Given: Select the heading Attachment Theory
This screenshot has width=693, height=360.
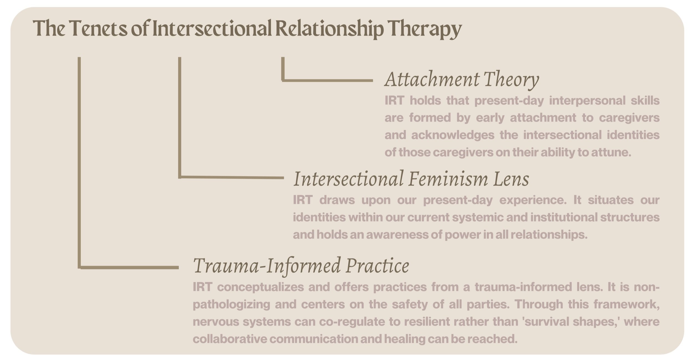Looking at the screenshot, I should point(462,80).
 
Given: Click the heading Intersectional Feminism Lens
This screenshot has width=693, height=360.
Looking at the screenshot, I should point(411,179).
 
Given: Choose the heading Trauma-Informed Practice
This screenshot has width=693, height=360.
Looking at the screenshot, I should point(301,266).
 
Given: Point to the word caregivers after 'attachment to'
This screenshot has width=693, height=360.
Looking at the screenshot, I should point(629,118).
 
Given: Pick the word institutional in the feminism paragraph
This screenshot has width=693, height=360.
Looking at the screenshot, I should point(564,217).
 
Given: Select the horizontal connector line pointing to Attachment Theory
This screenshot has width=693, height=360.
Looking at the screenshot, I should point(327,81).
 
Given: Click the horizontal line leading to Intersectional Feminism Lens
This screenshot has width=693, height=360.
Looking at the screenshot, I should point(232,177).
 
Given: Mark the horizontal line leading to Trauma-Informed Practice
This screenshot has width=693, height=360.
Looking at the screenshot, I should point(129,267).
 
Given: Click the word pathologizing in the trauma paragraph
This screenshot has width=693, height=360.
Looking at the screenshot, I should point(231,305).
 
